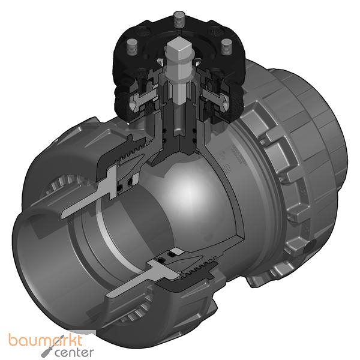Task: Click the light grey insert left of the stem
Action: tap(144, 96)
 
